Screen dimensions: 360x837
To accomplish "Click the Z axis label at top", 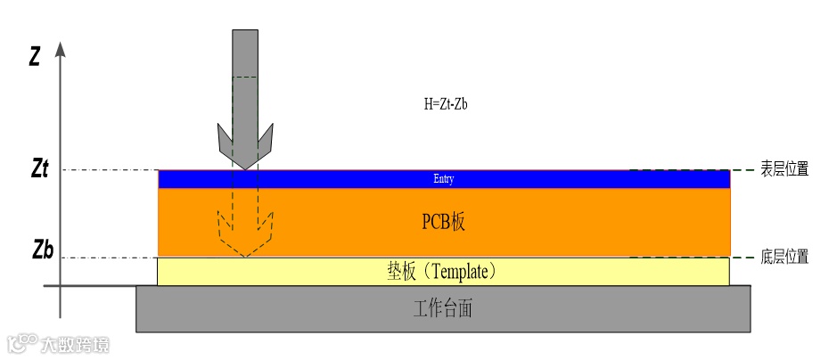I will point(34,57).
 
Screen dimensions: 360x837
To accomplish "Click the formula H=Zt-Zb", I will point(446,104).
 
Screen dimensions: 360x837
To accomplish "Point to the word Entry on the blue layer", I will point(444,179).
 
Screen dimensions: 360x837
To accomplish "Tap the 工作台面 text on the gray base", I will point(443,309).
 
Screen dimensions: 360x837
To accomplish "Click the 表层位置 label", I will point(784,168).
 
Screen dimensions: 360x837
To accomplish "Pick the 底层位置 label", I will point(784,258).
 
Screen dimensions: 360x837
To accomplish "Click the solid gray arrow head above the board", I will point(244,147).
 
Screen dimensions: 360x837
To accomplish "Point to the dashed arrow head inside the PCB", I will point(244,239).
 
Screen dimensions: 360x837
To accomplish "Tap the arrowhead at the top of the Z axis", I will point(61,48).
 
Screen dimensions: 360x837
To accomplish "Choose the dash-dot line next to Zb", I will point(107,258).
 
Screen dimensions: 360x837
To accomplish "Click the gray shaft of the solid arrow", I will point(244,71).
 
